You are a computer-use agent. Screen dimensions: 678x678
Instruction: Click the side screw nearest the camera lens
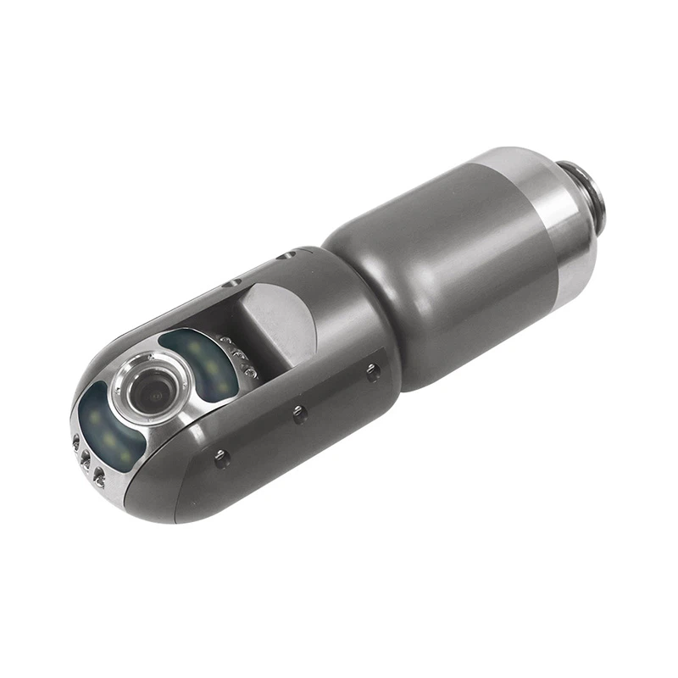tap(221, 458)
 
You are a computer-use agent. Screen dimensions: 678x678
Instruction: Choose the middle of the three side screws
tap(298, 413)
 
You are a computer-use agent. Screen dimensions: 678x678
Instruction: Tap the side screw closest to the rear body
tap(370, 370)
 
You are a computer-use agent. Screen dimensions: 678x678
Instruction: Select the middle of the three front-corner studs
tap(86, 458)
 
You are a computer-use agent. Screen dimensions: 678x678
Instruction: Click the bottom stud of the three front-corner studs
tap(100, 472)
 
